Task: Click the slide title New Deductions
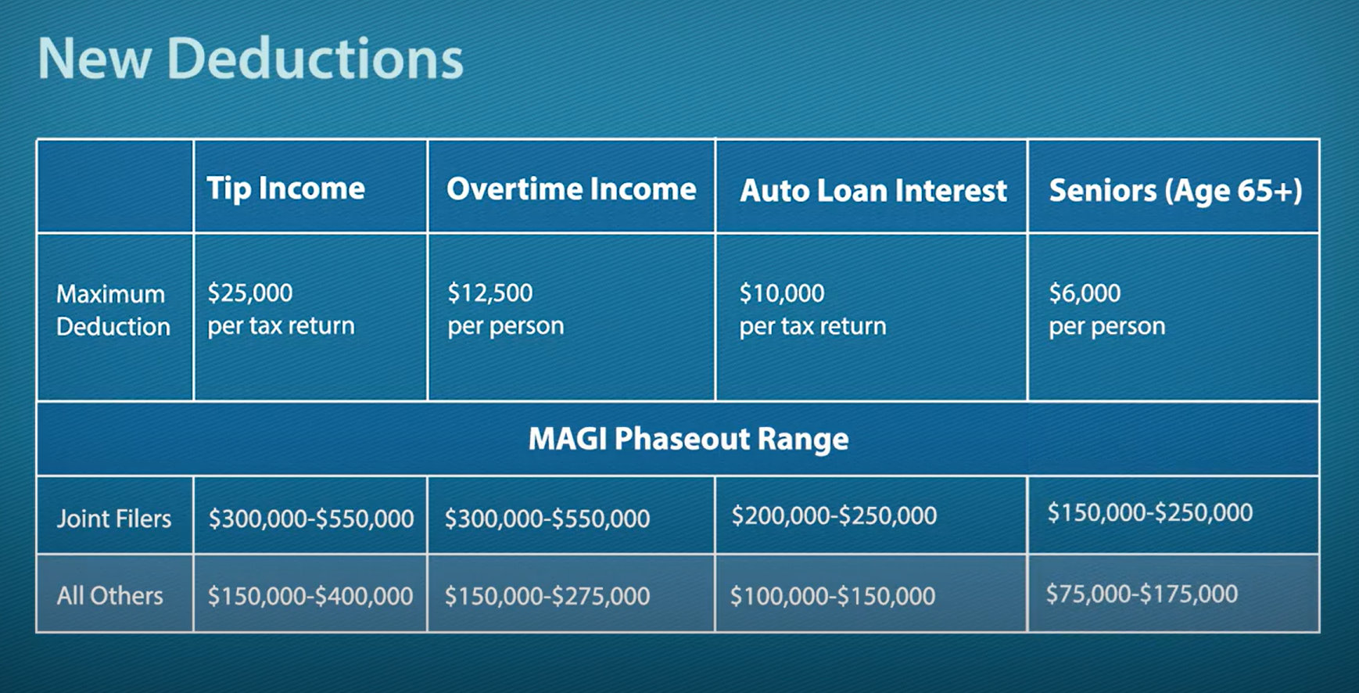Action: coord(250,59)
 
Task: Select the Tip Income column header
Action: coord(285,189)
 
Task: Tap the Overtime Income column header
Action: coord(571,189)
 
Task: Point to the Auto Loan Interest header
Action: coord(873,191)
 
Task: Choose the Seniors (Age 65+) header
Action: coord(1175,191)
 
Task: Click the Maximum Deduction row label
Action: coord(113,310)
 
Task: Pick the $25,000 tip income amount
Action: coord(249,293)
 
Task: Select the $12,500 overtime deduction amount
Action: coord(489,293)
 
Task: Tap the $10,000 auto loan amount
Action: coord(782,293)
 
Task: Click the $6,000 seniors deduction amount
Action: coord(1085,293)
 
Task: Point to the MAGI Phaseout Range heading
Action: coord(688,439)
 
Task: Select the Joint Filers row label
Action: coord(113,518)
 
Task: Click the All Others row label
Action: coord(109,596)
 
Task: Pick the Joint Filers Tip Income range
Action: coord(310,519)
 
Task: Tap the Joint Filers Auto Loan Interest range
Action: coord(834,515)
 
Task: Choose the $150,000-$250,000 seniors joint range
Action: coord(1149,512)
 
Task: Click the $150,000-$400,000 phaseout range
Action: coord(310,596)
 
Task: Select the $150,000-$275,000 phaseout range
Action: coord(547,596)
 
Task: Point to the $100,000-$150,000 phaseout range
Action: coord(832,596)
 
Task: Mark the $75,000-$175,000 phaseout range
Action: coord(1142,594)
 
